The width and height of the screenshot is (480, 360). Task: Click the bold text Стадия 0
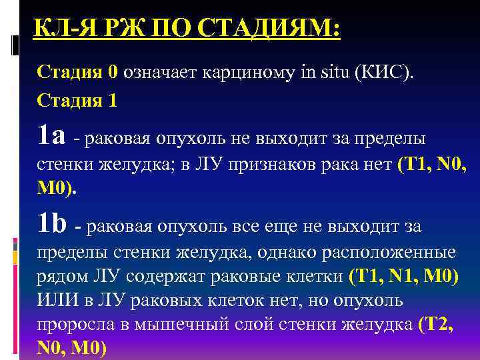(x=77, y=71)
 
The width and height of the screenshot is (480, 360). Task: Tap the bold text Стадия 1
(x=77, y=101)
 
